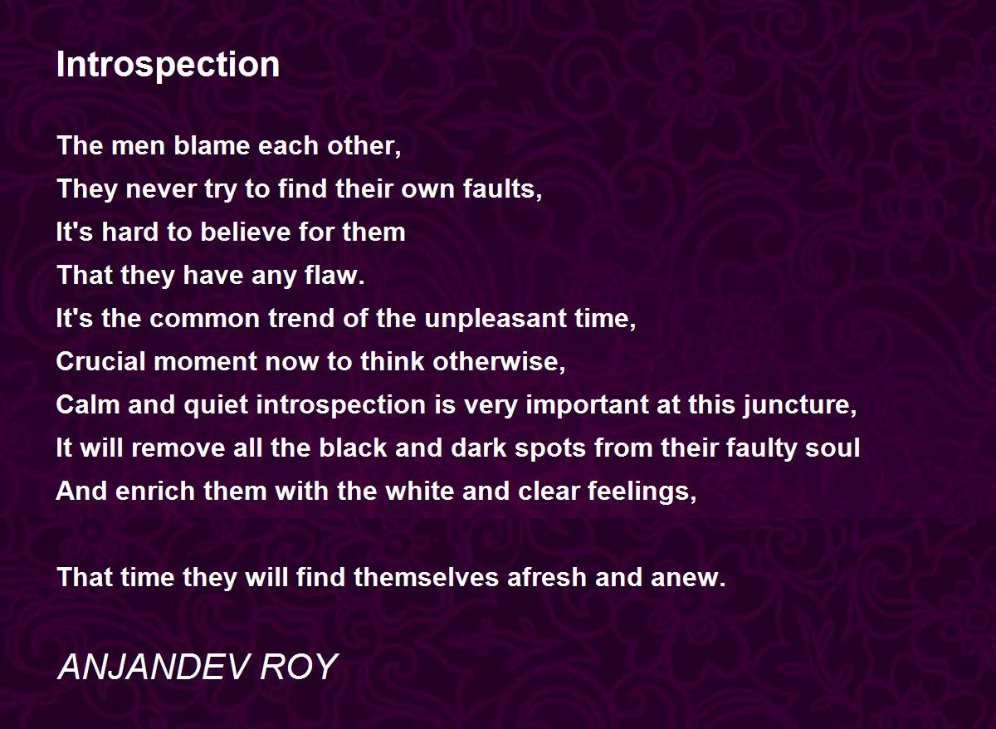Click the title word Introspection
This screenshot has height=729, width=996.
click(x=168, y=65)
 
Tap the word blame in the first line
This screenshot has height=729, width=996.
click(x=212, y=145)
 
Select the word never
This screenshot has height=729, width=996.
click(x=161, y=190)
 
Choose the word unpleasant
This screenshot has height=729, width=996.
click(x=496, y=320)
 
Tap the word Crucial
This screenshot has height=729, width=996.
click(x=101, y=361)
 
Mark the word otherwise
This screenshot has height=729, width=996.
click(x=499, y=361)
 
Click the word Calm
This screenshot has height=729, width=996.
click(x=88, y=404)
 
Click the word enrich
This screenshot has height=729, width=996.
click(x=155, y=491)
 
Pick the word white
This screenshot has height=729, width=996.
click(x=420, y=491)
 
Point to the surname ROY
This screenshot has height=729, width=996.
click(x=299, y=667)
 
